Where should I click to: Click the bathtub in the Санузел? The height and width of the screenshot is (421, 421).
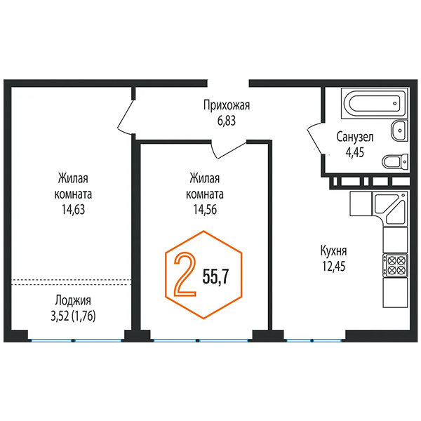(375, 103)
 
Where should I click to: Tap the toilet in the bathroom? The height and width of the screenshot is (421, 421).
(394, 162)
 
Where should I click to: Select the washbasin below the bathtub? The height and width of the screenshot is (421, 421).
(399, 131)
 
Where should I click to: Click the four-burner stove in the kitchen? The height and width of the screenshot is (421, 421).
(395, 265)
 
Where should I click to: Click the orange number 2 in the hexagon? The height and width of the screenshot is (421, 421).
(185, 274)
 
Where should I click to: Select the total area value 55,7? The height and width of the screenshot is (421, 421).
(215, 276)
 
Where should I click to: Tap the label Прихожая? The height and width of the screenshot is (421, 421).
(227, 105)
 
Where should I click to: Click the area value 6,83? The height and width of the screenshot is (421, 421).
(227, 121)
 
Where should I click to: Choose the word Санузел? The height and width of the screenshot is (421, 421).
(354, 138)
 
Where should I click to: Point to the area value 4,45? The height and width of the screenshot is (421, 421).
(354, 152)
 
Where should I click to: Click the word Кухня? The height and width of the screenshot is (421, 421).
(334, 251)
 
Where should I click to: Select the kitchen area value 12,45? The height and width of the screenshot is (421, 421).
(334, 267)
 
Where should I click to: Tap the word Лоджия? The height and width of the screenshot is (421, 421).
(73, 301)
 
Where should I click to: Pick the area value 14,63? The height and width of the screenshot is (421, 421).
(73, 210)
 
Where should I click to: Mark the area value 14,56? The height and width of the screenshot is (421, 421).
(205, 210)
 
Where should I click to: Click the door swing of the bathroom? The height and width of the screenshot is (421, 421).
(314, 139)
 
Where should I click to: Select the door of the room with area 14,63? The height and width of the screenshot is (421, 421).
(126, 116)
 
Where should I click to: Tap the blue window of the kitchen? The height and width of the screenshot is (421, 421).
(314, 341)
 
